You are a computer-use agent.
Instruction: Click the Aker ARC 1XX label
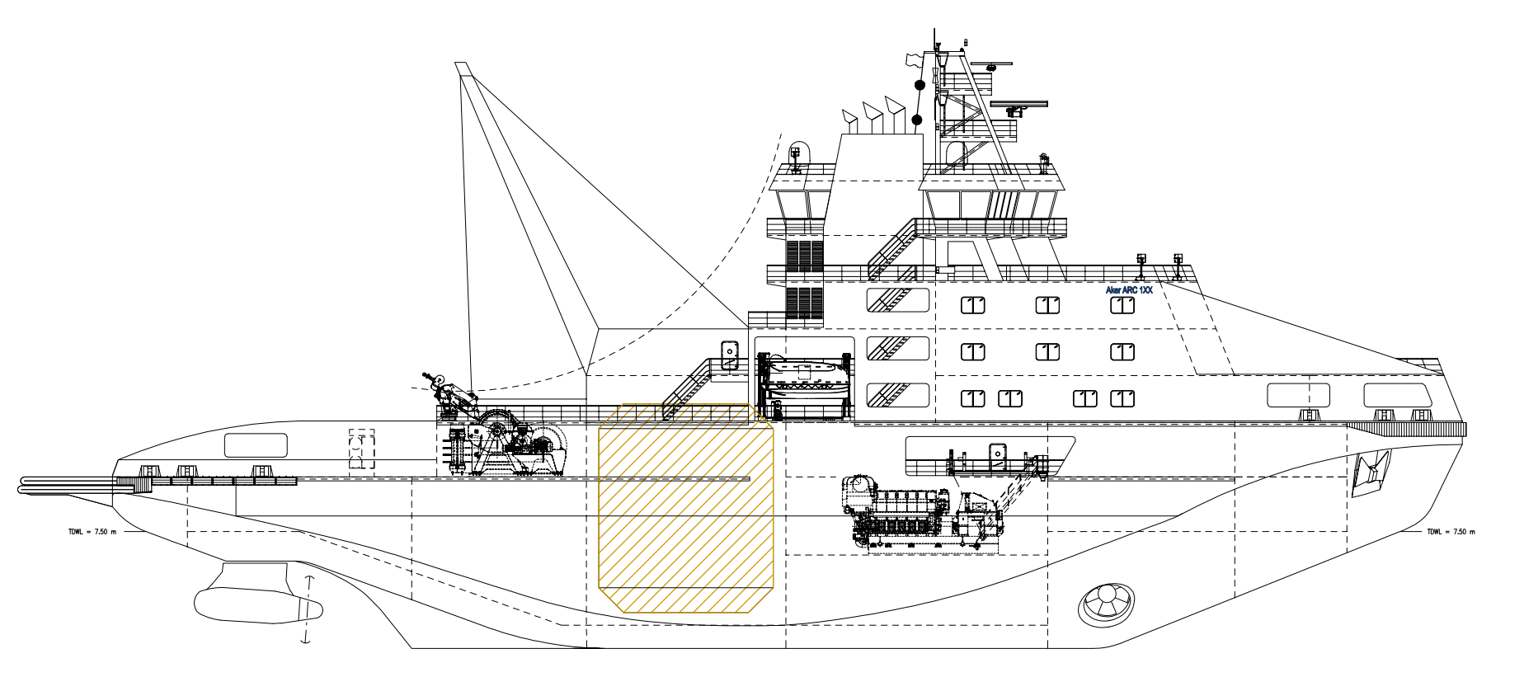[1128, 290]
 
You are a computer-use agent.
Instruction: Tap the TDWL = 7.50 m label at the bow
[1451, 532]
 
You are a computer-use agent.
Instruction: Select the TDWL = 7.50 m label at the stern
[92, 532]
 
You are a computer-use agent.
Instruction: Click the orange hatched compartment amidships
[685, 510]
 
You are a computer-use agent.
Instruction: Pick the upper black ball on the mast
[920, 85]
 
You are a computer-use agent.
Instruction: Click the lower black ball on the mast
[916, 120]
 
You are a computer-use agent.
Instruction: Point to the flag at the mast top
[912, 59]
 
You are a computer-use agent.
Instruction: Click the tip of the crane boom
[462, 68]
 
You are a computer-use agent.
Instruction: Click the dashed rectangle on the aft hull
[362, 450]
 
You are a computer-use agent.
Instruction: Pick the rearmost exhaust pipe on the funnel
[849, 120]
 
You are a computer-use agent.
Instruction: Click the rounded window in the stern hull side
[256, 445]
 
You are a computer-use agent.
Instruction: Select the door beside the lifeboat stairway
[730, 355]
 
